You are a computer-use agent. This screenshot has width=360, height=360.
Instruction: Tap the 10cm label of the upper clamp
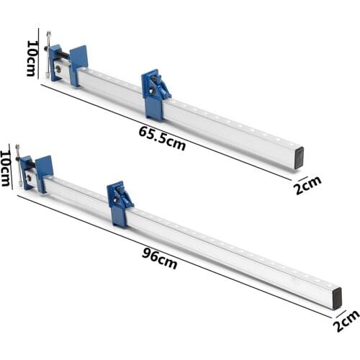click(x=31, y=58)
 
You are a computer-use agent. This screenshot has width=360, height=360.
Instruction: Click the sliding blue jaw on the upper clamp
click(x=156, y=93)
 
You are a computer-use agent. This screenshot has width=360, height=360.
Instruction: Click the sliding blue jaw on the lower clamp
click(x=120, y=202)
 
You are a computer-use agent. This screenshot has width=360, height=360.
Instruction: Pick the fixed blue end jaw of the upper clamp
click(x=78, y=63)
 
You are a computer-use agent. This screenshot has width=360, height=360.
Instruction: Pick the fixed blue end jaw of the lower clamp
click(x=44, y=172)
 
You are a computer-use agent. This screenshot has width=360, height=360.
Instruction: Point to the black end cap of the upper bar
click(x=298, y=158)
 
